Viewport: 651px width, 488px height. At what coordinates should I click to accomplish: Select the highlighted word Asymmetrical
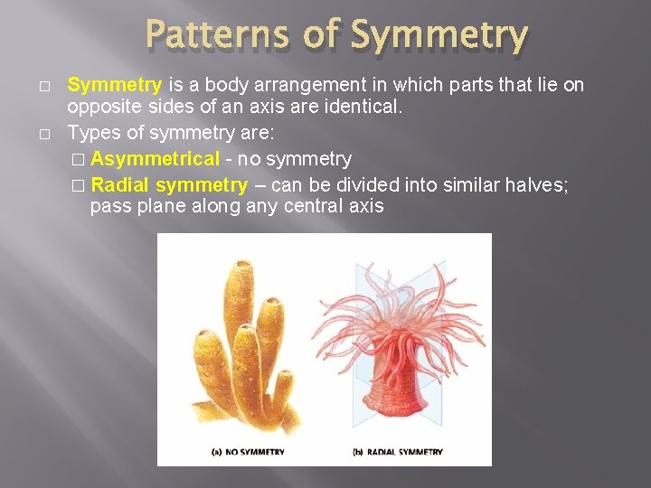155,159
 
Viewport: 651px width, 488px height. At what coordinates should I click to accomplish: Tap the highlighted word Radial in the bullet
120,185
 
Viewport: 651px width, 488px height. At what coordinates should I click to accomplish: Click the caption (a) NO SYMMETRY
248,451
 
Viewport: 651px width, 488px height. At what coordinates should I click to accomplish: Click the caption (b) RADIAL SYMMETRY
397,451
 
